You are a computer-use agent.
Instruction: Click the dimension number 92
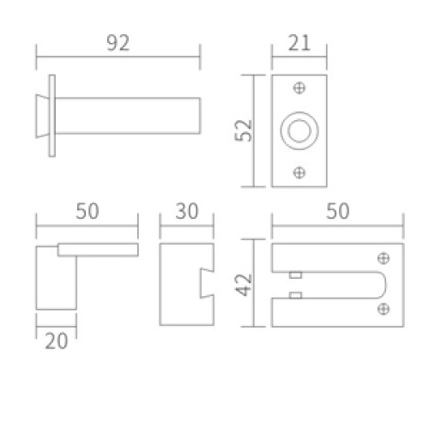(x=118, y=43)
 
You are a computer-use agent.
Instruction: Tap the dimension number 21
(x=299, y=43)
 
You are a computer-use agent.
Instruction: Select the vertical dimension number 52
(x=244, y=130)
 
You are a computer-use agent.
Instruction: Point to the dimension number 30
(x=187, y=211)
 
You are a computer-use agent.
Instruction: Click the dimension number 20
(x=57, y=341)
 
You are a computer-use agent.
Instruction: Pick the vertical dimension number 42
(x=244, y=285)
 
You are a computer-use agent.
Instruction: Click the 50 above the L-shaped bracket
(x=88, y=211)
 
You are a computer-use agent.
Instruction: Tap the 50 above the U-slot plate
(x=338, y=211)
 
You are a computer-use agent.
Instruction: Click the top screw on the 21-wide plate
(x=299, y=88)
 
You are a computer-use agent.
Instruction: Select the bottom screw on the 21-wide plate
(x=299, y=172)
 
